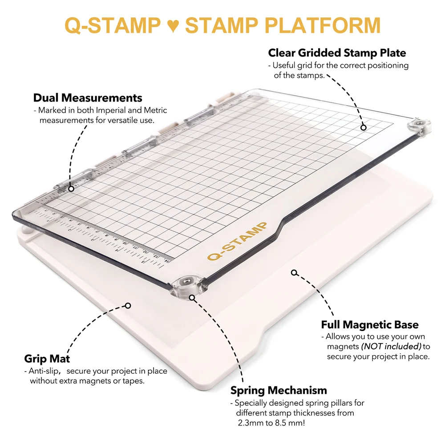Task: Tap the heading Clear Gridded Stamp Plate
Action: [x=337, y=53]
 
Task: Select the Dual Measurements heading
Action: [x=88, y=98]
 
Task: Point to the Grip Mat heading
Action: [x=47, y=359]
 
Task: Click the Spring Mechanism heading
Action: [x=279, y=391]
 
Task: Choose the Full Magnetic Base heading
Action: [x=370, y=325]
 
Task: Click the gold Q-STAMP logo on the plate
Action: [x=237, y=241]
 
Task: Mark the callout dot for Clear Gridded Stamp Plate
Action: [x=363, y=127]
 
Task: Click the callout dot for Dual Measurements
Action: [x=71, y=189]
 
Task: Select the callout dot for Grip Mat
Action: [x=128, y=305]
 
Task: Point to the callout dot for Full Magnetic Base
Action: [x=294, y=272]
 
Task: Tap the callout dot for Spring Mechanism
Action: [x=192, y=297]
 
